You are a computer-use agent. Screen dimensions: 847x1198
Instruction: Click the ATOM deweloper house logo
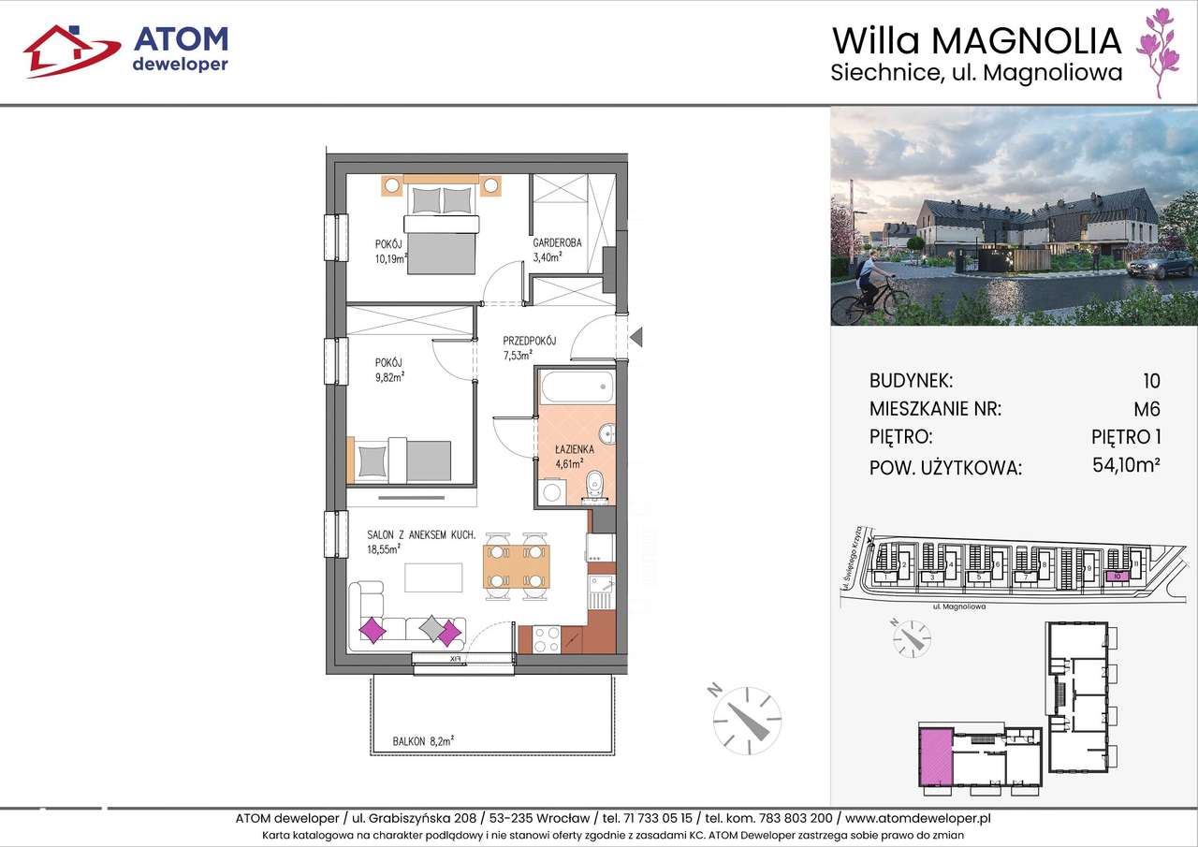coord(70,50)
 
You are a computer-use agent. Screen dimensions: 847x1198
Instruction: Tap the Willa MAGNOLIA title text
coord(976,40)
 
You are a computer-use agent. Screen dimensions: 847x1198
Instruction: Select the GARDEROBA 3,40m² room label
coord(557,249)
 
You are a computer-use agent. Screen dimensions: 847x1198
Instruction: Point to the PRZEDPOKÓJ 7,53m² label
coord(529,347)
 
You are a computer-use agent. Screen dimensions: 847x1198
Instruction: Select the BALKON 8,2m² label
coord(424,740)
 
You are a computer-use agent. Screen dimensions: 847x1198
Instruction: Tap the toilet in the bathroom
coord(592,486)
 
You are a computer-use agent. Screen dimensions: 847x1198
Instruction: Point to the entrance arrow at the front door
coord(636,335)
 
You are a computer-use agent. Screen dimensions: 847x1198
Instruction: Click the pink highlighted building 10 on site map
coord(1118,577)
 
